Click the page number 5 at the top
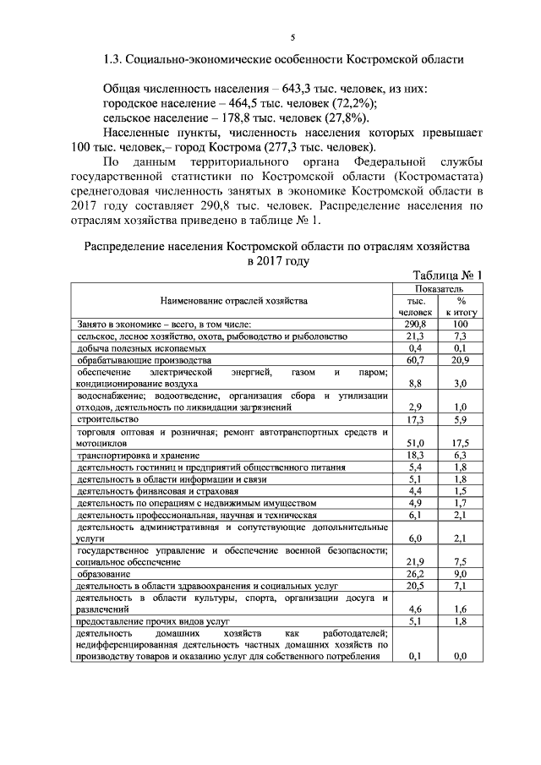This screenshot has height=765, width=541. pyautogui.click(x=292, y=36)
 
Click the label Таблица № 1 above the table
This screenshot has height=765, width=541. pyautogui.click(x=446, y=276)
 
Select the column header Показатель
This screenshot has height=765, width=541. pyautogui.click(x=438, y=288)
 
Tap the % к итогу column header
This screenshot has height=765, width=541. pyautogui.click(x=462, y=305)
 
